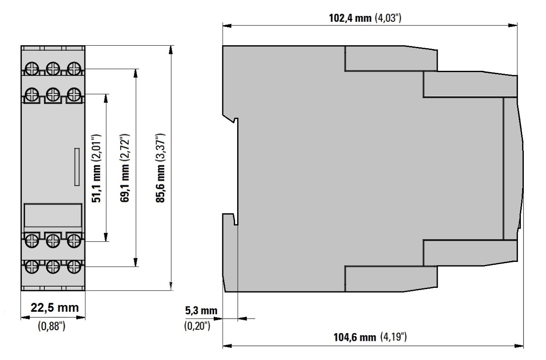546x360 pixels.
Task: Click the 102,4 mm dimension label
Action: (x=350, y=18)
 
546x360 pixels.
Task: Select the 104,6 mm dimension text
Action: (x=354, y=337)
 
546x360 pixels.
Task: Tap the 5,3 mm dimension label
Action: (x=201, y=311)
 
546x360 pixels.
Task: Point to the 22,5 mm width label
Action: (x=55, y=308)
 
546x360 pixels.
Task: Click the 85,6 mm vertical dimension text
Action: (x=160, y=183)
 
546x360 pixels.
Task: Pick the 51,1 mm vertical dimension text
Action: (x=96, y=183)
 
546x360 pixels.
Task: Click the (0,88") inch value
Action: (x=52, y=326)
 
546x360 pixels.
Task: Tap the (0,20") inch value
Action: (x=197, y=325)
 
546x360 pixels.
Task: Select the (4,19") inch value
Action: (x=394, y=337)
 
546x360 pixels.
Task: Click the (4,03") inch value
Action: (x=388, y=18)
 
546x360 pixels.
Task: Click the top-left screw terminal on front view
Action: (x=32, y=69)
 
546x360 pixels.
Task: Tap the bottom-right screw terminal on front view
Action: (x=74, y=267)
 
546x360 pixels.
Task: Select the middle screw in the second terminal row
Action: (x=53, y=94)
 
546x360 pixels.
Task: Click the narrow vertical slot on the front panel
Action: (x=77, y=167)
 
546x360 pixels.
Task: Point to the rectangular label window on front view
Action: (x=53, y=215)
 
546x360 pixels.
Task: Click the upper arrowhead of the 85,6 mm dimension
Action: (x=171, y=50)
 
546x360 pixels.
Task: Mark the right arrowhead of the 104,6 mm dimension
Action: (x=519, y=346)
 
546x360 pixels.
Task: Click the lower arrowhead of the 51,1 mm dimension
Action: (x=106, y=237)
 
